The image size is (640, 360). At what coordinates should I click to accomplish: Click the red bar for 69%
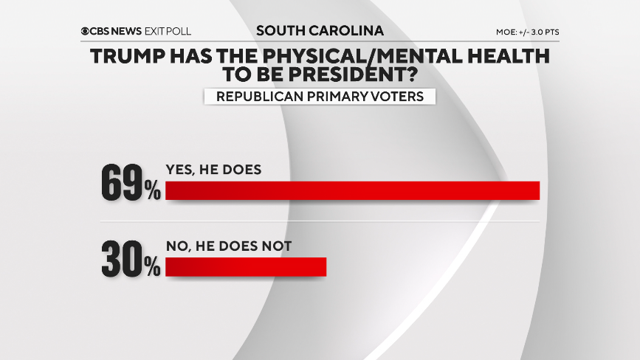pyautogui.click(x=353, y=191)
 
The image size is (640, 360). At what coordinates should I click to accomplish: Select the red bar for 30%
pyautogui.click(x=246, y=266)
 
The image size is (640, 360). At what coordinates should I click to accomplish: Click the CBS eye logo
pyautogui.click(x=86, y=32)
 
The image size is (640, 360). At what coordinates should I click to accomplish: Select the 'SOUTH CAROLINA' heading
pyautogui.click(x=320, y=31)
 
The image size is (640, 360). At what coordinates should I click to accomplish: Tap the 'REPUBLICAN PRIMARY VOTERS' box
pyautogui.click(x=320, y=97)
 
